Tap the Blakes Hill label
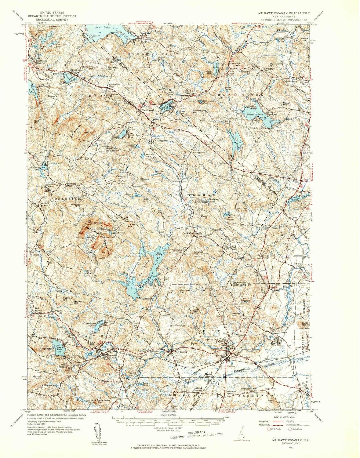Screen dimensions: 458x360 (x=52, y=97)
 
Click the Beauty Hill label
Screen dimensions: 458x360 (x=287, y=104)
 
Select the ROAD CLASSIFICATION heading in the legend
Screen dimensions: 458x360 (x=284, y=417)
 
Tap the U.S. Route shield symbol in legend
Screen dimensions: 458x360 (x=269, y=429)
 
